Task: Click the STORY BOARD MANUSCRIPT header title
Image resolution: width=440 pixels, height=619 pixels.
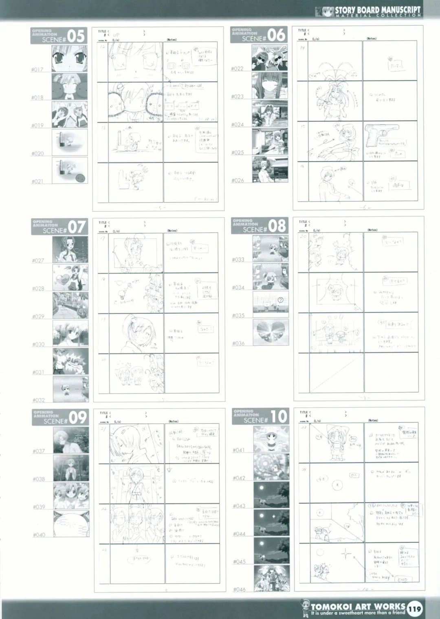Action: (377, 10)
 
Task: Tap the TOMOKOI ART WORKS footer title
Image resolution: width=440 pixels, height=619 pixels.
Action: (358, 606)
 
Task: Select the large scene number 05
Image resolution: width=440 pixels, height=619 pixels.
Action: (76, 36)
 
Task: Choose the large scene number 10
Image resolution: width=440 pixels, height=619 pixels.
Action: (279, 417)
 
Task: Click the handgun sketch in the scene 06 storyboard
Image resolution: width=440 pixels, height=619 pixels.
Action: (384, 136)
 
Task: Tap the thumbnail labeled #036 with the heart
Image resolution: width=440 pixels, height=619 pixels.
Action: (271, 332)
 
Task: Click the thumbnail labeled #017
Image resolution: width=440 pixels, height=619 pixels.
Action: (70, 58)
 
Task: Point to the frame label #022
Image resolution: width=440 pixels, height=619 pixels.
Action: (237, 69)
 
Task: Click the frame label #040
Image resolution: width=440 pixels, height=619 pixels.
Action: (39, 535)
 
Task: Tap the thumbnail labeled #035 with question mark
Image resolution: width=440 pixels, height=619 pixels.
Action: (271, 304)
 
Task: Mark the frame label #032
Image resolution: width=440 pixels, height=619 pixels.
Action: (39, 400)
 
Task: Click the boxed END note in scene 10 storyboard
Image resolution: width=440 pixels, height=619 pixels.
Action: (402, 579)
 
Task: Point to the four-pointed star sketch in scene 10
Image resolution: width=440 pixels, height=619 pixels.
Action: (347, 555)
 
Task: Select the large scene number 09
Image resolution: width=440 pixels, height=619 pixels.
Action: (77, 418)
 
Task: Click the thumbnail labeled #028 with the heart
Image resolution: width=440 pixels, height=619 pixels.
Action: (70, 277)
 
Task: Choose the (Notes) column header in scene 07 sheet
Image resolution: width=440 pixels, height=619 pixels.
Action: (172, 231)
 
